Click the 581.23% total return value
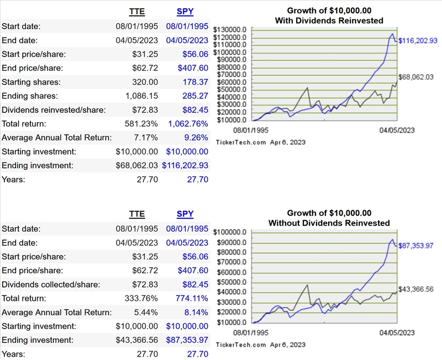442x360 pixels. point(141,123)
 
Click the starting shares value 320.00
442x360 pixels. point(145,82)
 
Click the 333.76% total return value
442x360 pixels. point(141,299)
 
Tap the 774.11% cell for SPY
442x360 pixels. point(193,299)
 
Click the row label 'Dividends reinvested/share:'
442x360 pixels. point(50,109)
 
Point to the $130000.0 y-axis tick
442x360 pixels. point(229,30)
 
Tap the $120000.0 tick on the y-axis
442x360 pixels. point(229,37)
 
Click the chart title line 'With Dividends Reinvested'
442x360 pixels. point(329,20)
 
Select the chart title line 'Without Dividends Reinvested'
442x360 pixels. point(329,223)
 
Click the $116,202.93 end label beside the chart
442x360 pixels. point(418,40)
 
